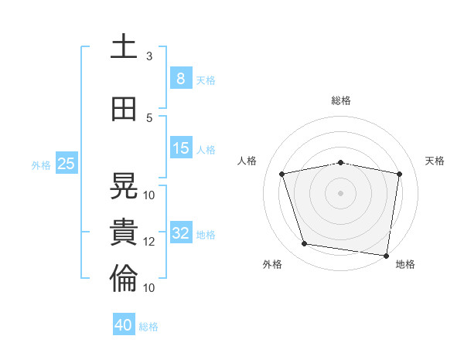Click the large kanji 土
point(124,46)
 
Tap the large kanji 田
point(124,109)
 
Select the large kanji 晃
point(124,185)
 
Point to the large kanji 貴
point(124,232)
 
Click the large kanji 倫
point(124,278)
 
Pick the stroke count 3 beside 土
point(149,56)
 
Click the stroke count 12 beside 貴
point(148,242)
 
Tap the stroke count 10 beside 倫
point(148,288)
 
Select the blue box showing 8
point(181,78)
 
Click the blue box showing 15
point(181,148)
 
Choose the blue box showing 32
point(181,232)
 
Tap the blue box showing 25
point(67,163)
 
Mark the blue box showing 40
point(124,324)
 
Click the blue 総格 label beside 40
point(148,327)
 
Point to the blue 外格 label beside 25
point(41,165)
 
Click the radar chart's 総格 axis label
point(341,100)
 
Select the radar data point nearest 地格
point(386,256)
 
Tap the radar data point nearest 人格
point(282,174)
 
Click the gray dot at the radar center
point(340,193)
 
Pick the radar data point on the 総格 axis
point(340,163)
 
